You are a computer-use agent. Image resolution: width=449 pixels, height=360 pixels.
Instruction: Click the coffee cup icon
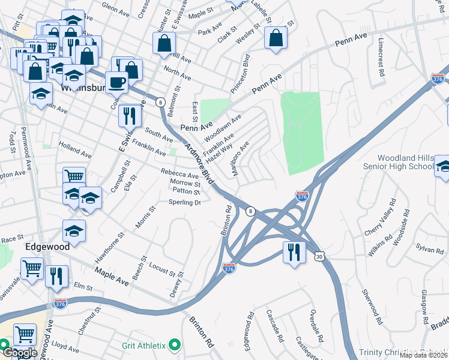[116, 82]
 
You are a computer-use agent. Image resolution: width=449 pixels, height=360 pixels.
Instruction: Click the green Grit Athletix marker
[175, 344]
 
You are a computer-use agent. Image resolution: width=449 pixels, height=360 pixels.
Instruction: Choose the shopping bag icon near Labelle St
[276, 38]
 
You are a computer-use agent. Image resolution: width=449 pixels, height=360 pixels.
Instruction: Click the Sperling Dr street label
[184, 203]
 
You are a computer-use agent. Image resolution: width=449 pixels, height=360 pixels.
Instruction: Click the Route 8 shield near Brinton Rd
[251, 211]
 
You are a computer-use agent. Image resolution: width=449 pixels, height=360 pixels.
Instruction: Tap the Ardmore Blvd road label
[199, 164]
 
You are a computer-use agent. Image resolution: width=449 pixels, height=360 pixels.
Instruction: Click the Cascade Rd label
[276, 326]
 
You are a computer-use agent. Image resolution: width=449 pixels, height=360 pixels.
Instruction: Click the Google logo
[19, 353]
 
